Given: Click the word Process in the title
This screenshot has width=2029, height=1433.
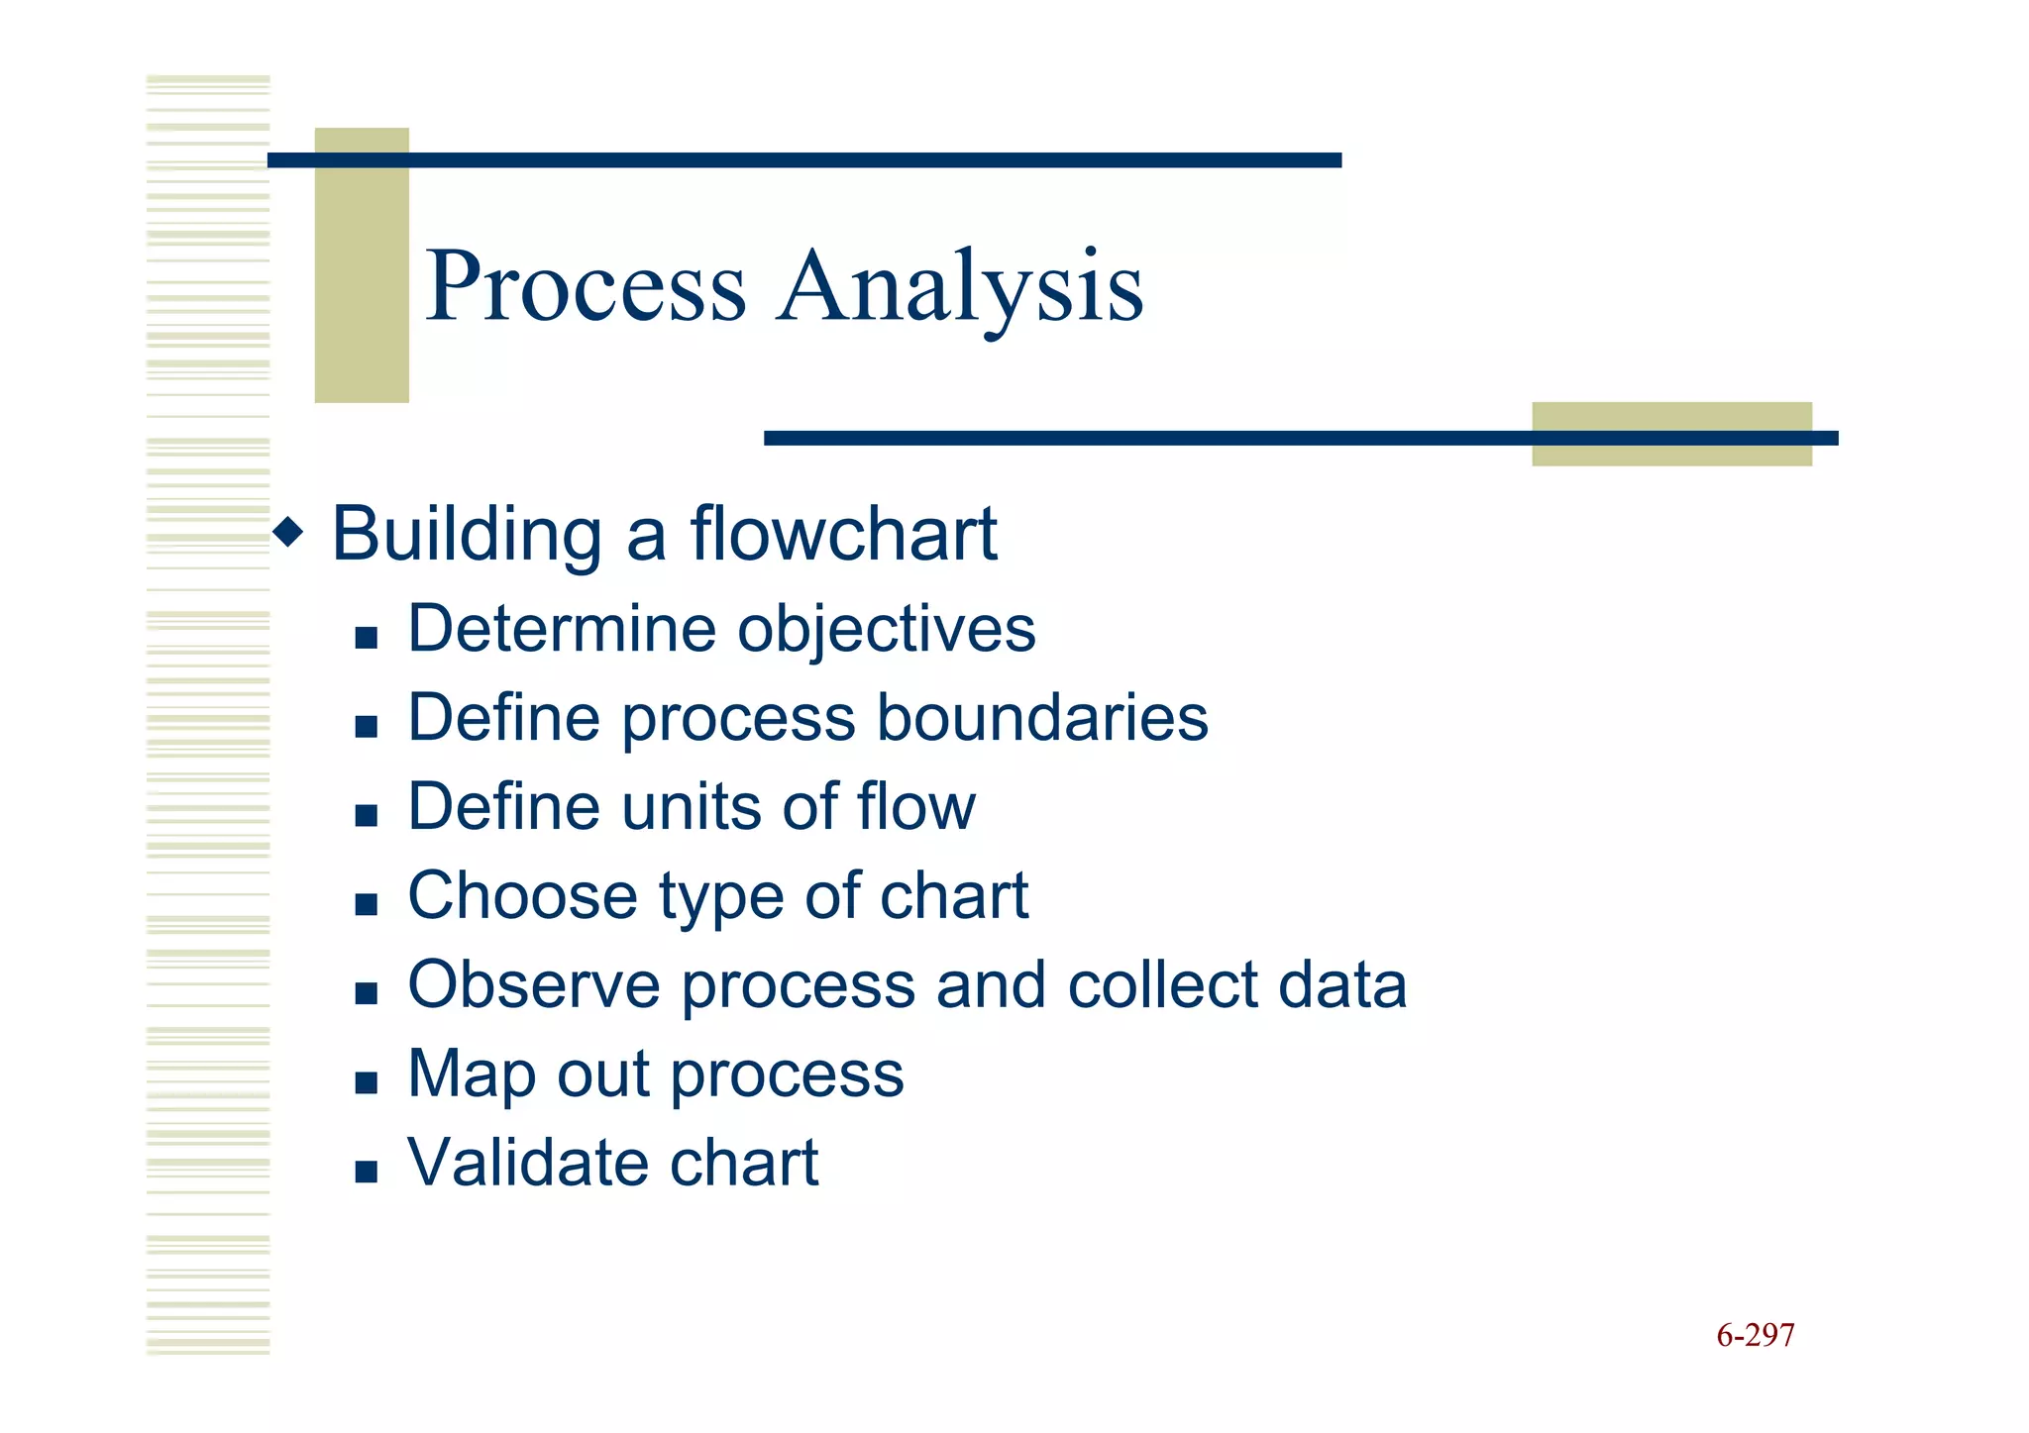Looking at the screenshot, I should coord(586,287).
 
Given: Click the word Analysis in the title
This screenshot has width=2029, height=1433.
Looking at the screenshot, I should coord(960,287).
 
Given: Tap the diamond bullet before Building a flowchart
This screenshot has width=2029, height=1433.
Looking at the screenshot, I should coord(288,533).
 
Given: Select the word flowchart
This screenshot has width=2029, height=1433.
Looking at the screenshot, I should coord(843,534).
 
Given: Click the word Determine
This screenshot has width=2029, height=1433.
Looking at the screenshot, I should coord(562,629).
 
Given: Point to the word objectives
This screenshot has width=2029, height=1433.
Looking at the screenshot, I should coord(887,631).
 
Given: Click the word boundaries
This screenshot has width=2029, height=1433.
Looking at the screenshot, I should coord(1042,718).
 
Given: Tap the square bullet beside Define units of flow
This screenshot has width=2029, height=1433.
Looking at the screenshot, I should coord(367,815).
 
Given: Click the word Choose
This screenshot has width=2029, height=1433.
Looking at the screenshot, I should coord(522,896).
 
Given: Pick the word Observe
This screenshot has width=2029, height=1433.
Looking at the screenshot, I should coord(534,985).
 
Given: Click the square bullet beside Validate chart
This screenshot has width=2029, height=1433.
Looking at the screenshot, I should coord(367,1172).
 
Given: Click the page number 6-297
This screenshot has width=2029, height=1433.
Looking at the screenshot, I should coord(1755,1335).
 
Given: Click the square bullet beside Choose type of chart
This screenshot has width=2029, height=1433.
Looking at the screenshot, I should coord(367,904).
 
